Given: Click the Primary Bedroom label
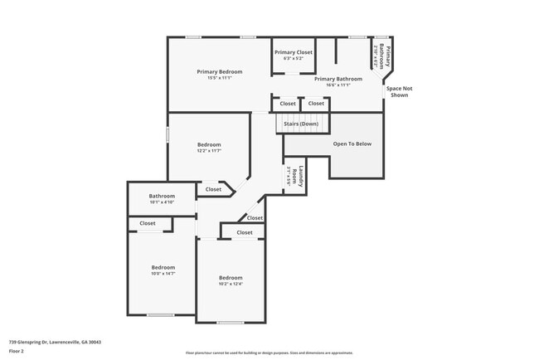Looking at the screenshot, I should click(x=219, y=72).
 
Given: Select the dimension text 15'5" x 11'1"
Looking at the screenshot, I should click(x=219, y=79).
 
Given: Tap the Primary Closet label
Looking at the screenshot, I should click(x=293, y=51).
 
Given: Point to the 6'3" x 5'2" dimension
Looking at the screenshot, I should click(x=293, y=58).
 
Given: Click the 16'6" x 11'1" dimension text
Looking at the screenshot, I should click(x=332, y=85).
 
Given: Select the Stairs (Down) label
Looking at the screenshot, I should click(x=301, y=124).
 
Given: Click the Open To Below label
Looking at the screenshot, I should click(x=352, y=144).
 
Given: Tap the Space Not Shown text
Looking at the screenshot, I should click(x=399, y=91).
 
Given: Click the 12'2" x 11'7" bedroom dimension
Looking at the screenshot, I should click(x=208, y=151).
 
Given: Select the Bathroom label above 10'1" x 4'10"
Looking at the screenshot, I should click(x=162, y=196).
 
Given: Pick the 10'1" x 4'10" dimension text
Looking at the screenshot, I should click(x=162, y=202).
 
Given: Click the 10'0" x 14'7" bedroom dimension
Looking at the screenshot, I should click(x=163, y=273).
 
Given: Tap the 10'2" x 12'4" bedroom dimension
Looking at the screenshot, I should click(x=231, y=284).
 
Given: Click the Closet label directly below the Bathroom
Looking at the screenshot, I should click(x=148, y=223).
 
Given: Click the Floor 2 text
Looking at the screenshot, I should click(x=17, y=350).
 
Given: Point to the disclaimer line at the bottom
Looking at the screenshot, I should click(x=269, y=353).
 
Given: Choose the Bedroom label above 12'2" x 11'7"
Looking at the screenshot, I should click(x=208, y=144).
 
